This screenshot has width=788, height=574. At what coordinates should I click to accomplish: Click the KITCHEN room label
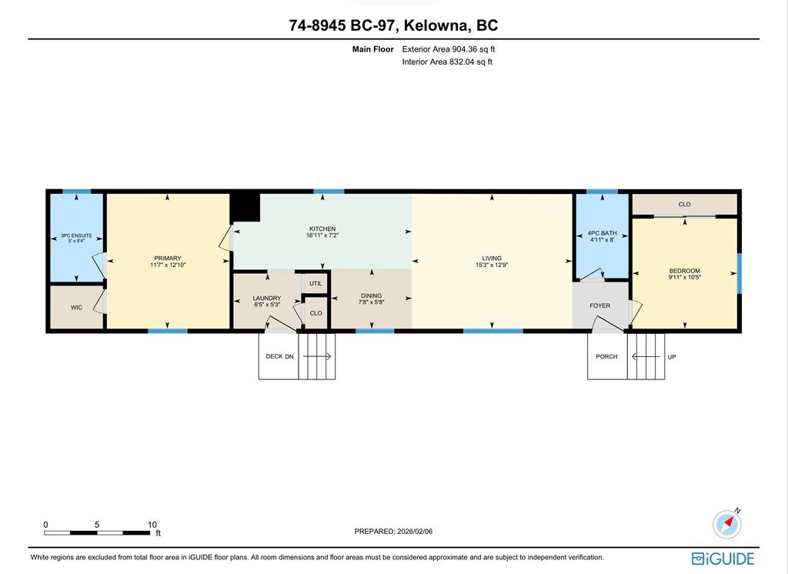click(322, 229)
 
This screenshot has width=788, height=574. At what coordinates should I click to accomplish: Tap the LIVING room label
click(492, 259)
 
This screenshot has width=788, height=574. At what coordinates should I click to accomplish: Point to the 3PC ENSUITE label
click(75, 235)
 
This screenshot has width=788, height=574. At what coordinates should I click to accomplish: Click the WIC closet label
click(76, 307)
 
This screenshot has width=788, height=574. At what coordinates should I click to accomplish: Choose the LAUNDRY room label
click(267, 299)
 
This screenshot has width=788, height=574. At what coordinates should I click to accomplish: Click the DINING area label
click(371, 295)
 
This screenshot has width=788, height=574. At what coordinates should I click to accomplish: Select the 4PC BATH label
click(602, 233)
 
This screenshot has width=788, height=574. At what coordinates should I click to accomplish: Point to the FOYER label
click(600, 305)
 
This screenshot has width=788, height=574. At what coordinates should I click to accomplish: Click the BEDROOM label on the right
click(684, 271)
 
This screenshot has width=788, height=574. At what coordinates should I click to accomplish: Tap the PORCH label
click(606, 356)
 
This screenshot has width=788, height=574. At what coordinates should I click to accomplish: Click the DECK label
click(273, 356)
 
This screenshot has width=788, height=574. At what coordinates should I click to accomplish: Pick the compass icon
click(728, 523)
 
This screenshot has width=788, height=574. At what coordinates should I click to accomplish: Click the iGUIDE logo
click(723, 558)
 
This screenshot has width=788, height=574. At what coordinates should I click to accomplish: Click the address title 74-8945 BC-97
click(340, 25)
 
